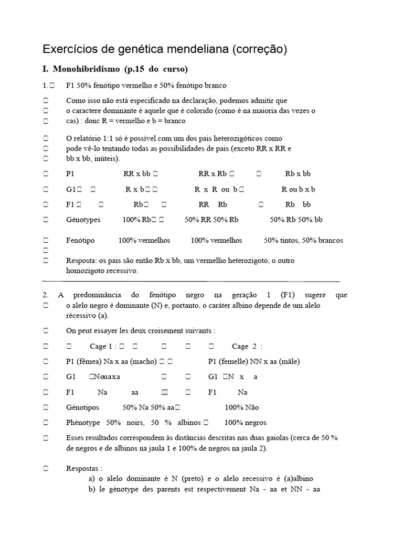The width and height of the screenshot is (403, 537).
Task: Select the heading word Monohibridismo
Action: coord(85,69)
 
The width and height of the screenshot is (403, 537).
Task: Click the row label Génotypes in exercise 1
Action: coord(83,220)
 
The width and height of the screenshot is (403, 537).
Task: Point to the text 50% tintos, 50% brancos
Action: coord(303,241)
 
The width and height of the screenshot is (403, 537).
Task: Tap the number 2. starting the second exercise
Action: coord(46,295)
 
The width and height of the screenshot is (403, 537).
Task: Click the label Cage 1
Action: coord(102,346)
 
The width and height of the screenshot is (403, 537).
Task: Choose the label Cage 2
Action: coord(247,346)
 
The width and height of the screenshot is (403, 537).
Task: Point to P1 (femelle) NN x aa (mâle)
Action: coord(254,361)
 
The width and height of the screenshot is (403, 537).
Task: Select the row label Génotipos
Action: coord(82,407)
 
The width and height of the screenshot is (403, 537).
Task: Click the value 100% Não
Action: coord(241,407)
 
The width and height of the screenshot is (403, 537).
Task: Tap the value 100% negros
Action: coord(245,423)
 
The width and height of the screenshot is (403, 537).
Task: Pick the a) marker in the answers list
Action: coord(92,479)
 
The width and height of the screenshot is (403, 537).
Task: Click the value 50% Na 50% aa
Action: coord(150,407)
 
